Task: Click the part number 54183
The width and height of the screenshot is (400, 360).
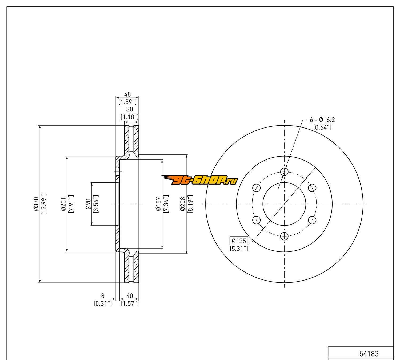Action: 369,354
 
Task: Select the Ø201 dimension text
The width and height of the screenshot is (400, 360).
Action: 63,204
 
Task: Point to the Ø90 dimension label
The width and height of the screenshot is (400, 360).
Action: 88,204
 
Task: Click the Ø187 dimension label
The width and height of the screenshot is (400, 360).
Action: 158,204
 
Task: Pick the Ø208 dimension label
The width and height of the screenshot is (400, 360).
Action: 183,204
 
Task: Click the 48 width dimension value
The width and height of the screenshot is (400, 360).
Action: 127,94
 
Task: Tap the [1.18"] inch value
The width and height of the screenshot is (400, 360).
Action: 130,117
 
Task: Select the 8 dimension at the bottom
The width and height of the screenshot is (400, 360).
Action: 103,296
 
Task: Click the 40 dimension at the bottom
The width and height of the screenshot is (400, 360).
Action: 130,296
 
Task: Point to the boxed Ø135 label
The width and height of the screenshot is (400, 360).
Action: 239,241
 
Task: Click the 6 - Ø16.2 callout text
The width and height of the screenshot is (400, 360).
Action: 322,120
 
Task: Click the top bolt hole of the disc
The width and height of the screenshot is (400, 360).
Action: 285,171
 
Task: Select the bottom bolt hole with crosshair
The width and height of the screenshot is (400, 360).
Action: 285,236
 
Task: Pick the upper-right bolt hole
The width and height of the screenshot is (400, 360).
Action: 312,188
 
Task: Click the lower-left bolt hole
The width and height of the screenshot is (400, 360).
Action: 257,220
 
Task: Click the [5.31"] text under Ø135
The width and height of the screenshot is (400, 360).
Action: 239,249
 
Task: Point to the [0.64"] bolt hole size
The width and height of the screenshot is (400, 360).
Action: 322,127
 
